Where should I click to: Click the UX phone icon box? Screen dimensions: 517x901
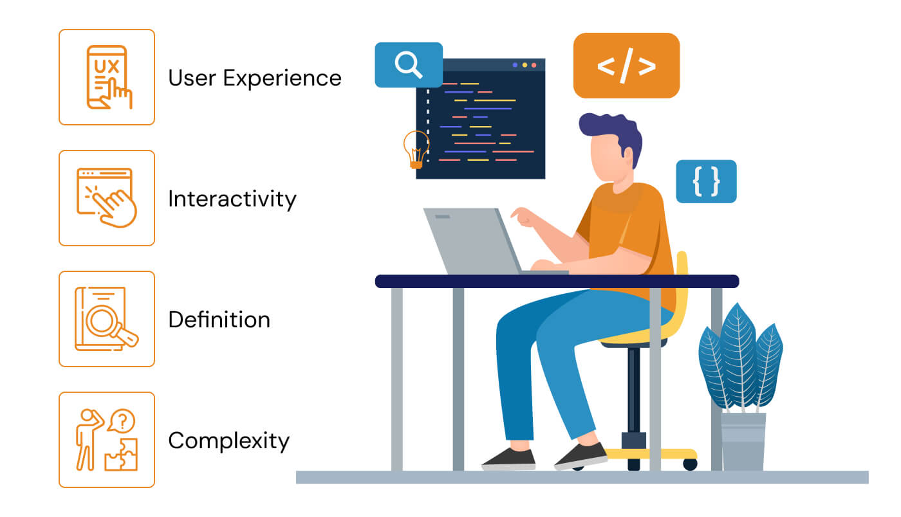pyautogui.click(x=107, y=77)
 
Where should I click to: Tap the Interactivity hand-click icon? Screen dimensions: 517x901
pyautogui.click(x=107, y=198)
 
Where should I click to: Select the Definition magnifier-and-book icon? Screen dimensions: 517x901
pyautogui.click(x=107, y=319)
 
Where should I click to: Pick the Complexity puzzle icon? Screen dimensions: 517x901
pyautogui.click(x=107, y=440)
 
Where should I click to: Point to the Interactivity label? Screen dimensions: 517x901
pyautogui.click(x=232, y=199)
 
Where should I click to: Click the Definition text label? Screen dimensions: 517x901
pyautogui.click(x=219, y=320)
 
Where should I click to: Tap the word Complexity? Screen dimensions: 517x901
pyautogui.click(x=228, y=441)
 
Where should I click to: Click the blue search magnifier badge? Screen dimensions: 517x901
pyautogui.click(x=408, y=64)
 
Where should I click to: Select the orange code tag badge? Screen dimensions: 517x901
pyautogui.click(x=626, y=66)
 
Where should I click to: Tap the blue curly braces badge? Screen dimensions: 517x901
pyautogui.click(x=706, y=181)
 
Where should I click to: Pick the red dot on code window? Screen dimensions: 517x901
pyautogui.click(x=534, y=65)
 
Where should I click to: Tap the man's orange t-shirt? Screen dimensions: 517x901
pyautogui.click(x=627, y=231)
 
